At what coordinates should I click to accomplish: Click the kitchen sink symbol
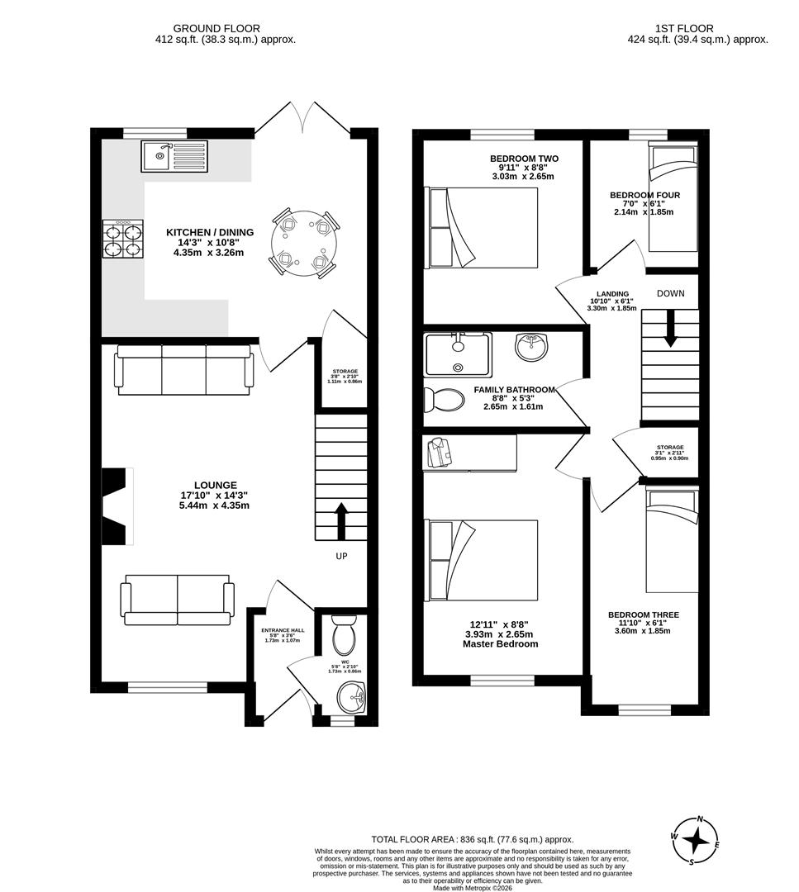(x=174, y=155)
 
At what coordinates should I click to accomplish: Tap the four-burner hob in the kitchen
(x=121, y=240)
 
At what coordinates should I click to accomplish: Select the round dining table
(x=303, y=242)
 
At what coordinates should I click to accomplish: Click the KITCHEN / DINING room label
(x=210, y=232)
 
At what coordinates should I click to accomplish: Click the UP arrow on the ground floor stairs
(x=341, y=521)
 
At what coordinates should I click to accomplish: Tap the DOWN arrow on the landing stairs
(x=670, y=328)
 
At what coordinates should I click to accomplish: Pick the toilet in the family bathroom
(x=444, y=400)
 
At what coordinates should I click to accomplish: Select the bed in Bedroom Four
(x=672, y=198)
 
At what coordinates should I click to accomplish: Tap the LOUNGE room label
(x=215, y=485)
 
